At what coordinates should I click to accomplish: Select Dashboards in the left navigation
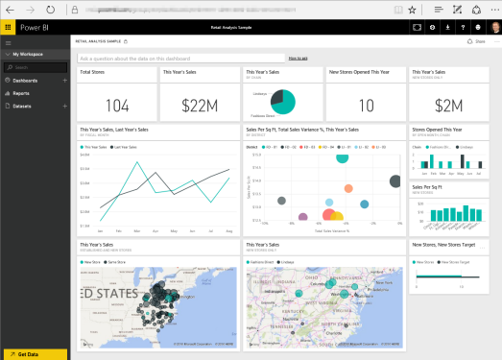pos(26,81)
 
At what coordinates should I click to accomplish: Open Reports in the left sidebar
pos(23,93)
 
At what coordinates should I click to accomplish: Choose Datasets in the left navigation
pos(24,107)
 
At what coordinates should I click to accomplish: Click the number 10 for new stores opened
pos(366,105)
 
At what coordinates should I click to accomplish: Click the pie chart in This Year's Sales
pos(283,101)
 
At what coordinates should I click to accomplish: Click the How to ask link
pos(298,59)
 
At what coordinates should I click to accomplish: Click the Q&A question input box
pos(182,59)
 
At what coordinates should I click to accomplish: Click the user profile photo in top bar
pos(492,27)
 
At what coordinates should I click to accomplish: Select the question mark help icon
pos(464,27)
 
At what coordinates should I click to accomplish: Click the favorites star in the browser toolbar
pos(412,9)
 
